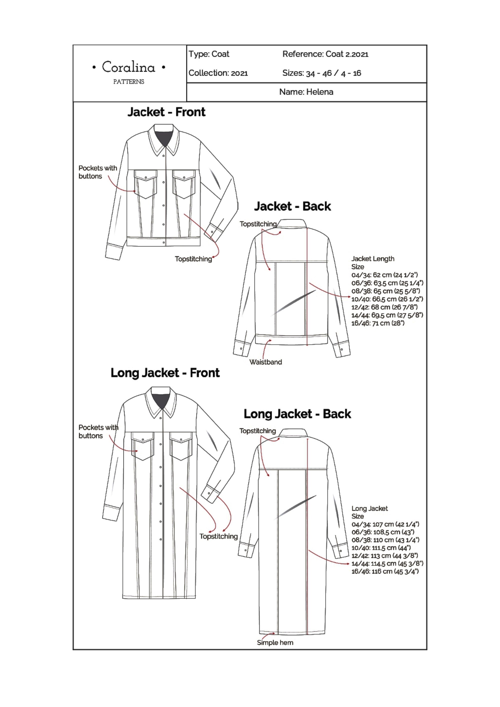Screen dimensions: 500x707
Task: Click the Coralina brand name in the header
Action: [128, 67]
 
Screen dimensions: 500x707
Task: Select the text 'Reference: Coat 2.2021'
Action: [325, 54]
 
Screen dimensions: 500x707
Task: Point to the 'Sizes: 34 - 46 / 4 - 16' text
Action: [321, 73]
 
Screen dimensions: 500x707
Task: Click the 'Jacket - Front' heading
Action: [166, 112]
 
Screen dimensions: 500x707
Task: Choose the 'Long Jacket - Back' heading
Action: [297, 414]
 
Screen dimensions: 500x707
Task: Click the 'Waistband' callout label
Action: [266, 362]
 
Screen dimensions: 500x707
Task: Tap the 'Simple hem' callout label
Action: [275, 643]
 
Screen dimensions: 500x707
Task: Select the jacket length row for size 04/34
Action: [384, 275]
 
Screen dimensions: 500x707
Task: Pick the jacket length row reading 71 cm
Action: [378, 323]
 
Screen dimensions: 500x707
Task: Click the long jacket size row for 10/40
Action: [381, 548]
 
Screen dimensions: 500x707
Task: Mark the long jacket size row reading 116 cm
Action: [385, 571]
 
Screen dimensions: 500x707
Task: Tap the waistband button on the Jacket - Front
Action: [164, 243]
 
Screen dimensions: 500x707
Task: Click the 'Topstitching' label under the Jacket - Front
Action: [193, 259]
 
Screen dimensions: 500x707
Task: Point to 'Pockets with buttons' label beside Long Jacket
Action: [98, 431]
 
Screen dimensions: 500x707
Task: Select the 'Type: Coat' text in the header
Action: [209, 54]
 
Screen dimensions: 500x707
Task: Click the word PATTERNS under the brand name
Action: [128, 82]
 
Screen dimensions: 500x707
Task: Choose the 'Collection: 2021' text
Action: [218, 73]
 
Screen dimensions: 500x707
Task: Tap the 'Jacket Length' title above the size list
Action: [373, 259]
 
